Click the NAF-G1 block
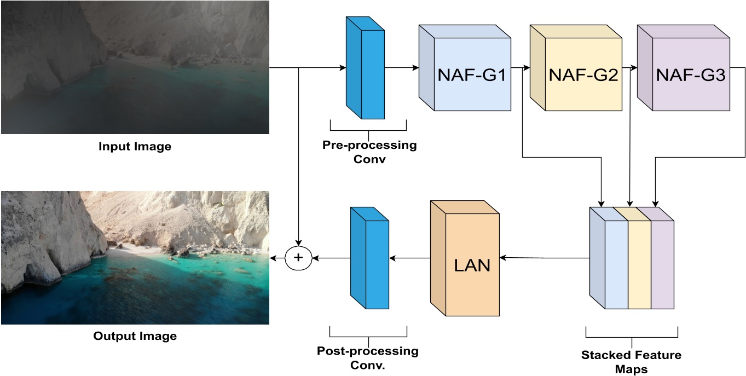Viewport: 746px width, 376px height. (x=471, y=76)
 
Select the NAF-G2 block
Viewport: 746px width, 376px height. (x=582, y=76)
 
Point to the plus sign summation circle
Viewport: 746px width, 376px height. (x=298, y=257)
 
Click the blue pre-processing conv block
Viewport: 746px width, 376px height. (x=366, y=68)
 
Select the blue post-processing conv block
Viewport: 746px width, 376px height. (x=370, y=258)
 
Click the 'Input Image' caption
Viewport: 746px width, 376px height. (x=135, y=147)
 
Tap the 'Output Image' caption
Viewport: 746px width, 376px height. (x=135, y=336)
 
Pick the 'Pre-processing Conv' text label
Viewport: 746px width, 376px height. (x=369, y=152)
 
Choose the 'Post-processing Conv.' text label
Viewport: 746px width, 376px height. (x=367, y=357)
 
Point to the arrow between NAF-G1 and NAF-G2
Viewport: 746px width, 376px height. (x=521, y=68)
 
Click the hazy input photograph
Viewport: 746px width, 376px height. (x=135, y=67)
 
